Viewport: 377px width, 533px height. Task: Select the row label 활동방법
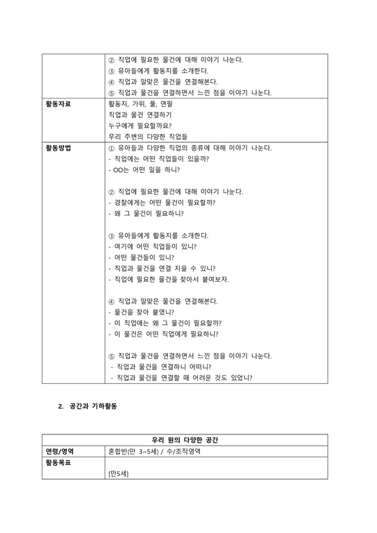[58, 148]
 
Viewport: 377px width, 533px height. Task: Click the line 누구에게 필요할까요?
[140, 126]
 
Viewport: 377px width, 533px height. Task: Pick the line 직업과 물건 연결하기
[140, 115]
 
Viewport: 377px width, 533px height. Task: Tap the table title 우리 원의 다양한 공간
[188, 440]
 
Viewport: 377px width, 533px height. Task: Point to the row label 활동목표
[58, 462]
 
